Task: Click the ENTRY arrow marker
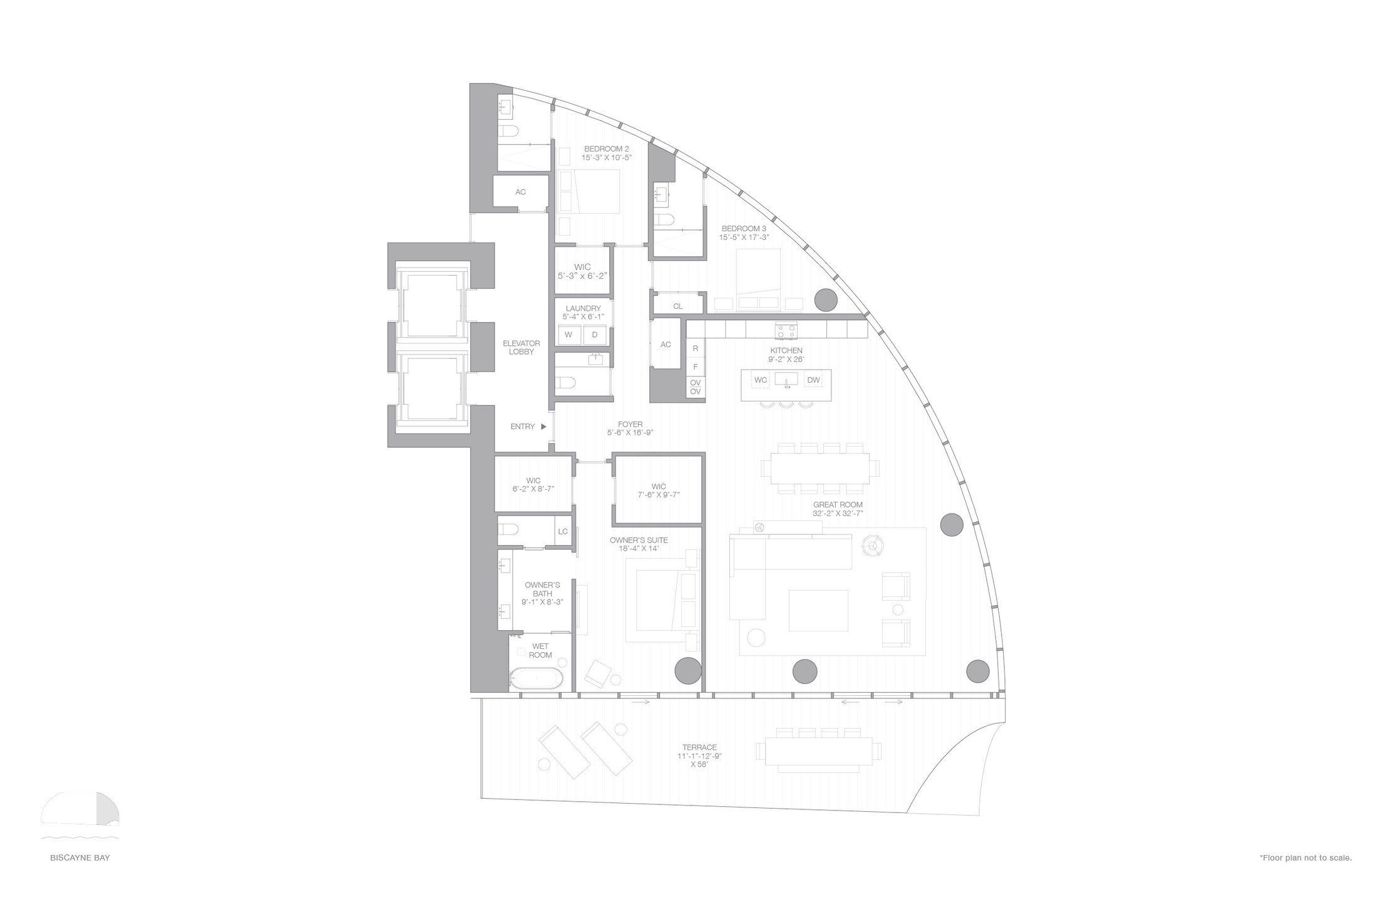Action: tap(543, 427)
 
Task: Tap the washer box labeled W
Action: tap(568, 335)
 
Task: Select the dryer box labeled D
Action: tap(595, 335)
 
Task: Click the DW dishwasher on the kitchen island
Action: tap(813, 380)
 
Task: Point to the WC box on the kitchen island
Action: tap(761, 380)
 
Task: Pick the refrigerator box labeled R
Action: tap(695, 348)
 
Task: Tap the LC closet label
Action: tap(562, 532)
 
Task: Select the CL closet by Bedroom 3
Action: tap(678, 306)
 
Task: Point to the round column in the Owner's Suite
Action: tap(686, 670)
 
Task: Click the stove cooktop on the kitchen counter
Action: tap(786, 330)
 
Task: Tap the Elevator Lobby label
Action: tap(521, 348)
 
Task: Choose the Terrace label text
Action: tap(699, 748)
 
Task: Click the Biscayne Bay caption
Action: tap(80, 858)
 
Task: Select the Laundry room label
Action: tap(583, 308)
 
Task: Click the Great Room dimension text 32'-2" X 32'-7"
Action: tap(838, 514)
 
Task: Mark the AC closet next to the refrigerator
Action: tap(666, 345)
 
